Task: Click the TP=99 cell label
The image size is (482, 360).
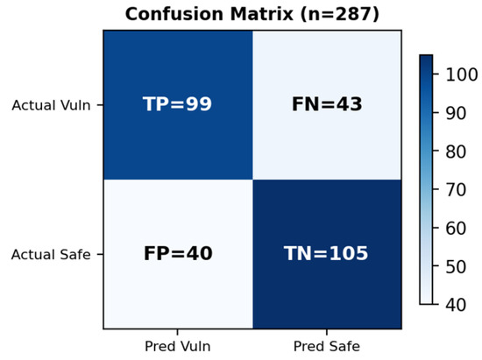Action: [177, 104]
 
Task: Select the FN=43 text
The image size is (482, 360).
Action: [327, 104]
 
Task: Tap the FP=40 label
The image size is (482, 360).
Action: [178, 253]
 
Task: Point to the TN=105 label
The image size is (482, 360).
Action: [326, 253]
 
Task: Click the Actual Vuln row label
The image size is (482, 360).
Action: [51, 105]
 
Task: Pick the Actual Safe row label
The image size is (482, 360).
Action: [51, 255]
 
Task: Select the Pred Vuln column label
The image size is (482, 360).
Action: [178, 347]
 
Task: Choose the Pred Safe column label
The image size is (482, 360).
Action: [327, 347]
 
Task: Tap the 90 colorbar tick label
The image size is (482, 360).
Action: [456, 113]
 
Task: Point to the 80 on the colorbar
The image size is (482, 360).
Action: [456, 152]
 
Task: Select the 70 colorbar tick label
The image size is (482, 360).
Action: [456, 190]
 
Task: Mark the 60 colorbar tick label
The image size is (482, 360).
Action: [456, 229]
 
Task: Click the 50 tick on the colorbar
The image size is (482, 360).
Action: [456, 266]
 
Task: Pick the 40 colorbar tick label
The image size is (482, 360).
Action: [456, 305]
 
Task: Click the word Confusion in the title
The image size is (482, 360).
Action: [174, 14]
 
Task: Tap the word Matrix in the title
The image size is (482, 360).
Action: [262, 14]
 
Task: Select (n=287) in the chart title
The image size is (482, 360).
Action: [340, 15]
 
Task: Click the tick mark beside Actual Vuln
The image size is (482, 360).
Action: [100, 105]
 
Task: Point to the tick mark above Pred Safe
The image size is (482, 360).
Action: [327, 332]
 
